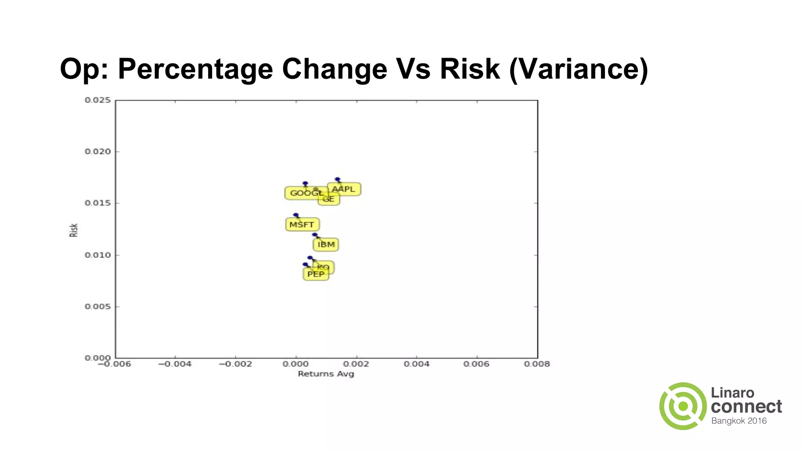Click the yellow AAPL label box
point(344,189)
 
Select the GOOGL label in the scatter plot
point(306,193)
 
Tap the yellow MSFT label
point(302,225)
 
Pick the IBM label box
point(326,244)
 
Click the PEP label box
point(316,274)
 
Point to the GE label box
point(329,199)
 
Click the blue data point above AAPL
point(338,179)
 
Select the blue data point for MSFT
point(296,215)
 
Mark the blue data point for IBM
point(314,235)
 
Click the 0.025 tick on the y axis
point(98,100)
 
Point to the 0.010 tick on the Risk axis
point(98,255)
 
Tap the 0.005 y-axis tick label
point(98,306)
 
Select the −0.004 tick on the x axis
point(175,364)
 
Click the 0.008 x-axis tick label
point(537,364)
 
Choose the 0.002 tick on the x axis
point(356,364)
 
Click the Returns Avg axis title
point(326,374)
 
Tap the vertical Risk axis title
point(74,230)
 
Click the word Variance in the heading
point(579,69)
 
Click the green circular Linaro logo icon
point(683,406)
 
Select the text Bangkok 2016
point(739,421)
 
